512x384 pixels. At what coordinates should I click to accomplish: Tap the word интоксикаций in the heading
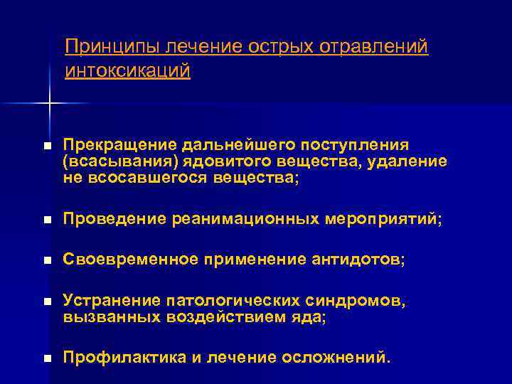coord(127,71)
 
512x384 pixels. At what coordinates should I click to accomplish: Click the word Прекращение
coord(116,146)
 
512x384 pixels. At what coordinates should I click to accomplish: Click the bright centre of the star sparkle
coord(49,105)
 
